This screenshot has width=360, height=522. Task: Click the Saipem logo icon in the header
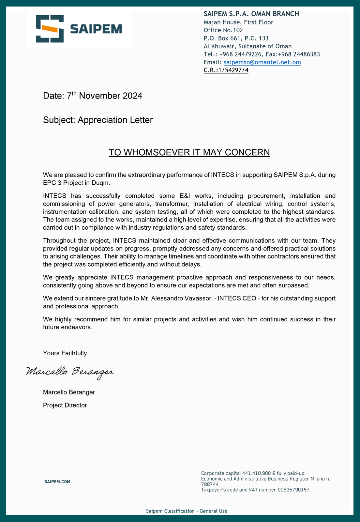pyautogui.click(x=50, y=29)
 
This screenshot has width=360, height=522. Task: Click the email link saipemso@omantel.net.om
pyautogui.click(x=262, y=62)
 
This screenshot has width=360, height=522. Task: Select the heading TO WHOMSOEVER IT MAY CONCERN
pyautogui.click(x=189, y=152)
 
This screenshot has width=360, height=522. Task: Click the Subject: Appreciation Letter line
pyautogui.click(x=98, y=120)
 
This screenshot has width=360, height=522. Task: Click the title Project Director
pyautogui.click(x=65, y=405)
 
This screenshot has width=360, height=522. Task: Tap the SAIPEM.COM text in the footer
pyautogui.click(x=57, y=482)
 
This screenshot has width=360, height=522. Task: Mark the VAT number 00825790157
pyautogui.click(x=294, y=490)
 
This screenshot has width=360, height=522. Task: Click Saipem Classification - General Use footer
pyautogui.click(x=187, y=511)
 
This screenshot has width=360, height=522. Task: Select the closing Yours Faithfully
pyautogui.click(x=66, y=353)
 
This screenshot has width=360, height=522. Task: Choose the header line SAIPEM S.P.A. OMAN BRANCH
pyautogui.click(x=251, y=14)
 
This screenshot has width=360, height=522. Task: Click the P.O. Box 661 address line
pyautogui.click(x=236, y=38)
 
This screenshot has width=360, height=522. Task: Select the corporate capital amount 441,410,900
pyautogui.click(x=257, y=473)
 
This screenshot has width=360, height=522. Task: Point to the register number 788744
pyautogui.click(x=210, y=484)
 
